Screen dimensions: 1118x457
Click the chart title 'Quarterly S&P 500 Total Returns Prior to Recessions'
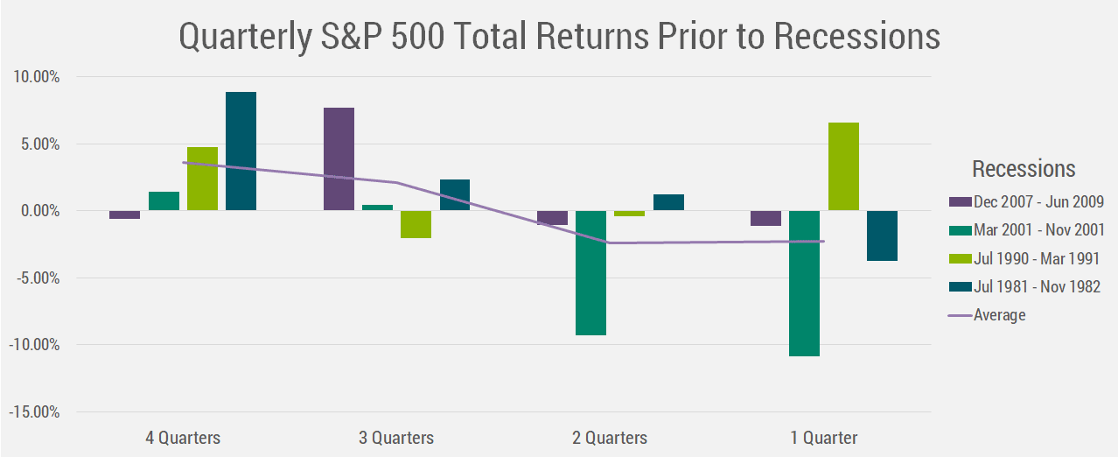[x=560, y=37]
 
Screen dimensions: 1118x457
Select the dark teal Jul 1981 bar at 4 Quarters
[x=241, y=151]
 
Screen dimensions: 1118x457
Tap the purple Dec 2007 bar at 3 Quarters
[x=339, y=158]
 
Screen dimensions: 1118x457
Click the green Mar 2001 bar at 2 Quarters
[x=591, y=272]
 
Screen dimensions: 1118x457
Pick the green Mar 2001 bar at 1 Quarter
[x=805, y=283]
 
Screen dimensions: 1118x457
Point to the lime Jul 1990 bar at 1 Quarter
[x=843, y=166]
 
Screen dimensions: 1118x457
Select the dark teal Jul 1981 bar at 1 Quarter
[x=882, y=236]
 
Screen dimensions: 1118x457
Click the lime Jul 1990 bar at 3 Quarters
[x=416, y=224]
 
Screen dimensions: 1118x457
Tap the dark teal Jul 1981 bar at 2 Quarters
[x=668, y=202]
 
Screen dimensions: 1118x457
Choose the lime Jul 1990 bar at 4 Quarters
[x=203, y=179]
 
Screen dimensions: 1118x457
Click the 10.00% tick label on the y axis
[x=37, y=77]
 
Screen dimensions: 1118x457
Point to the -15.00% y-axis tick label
[x=34, y=412]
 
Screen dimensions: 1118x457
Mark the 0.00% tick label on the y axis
[x=40, y=211]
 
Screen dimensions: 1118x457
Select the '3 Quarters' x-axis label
[x=396, y=438]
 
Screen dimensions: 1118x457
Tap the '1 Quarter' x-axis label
[x=824, y=438]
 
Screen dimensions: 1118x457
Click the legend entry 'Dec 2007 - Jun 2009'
[x=1026, y=201]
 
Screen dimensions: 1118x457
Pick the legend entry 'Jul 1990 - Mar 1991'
[x=1024, y=259]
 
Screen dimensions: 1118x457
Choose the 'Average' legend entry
[x=987, y=315]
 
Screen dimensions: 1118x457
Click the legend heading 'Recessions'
[x=1024, y=169]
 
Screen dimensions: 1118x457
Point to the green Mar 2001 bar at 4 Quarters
[x=164, y=200]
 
